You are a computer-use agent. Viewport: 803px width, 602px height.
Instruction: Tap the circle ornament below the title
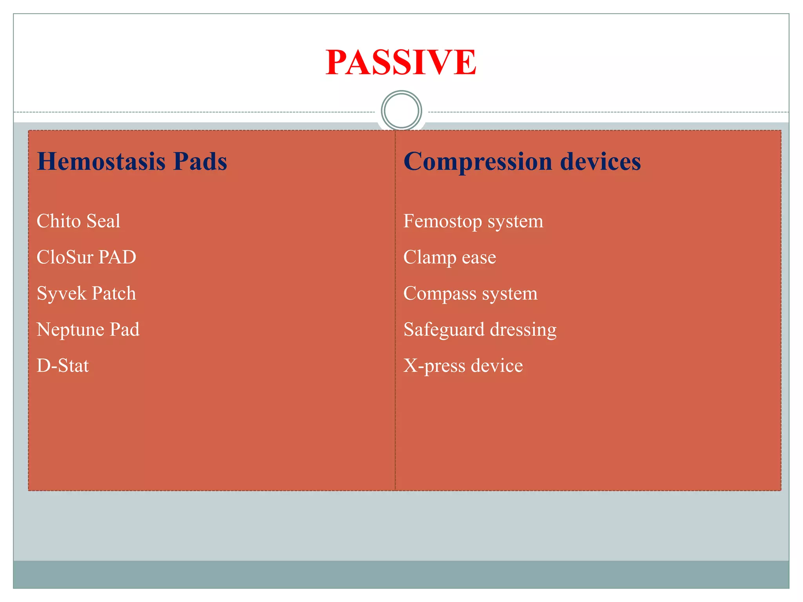click(x=401, y=111)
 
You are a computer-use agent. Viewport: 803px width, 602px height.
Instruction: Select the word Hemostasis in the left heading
click(x=101, y=161)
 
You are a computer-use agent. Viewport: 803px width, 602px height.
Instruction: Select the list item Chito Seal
click(x=78, y=221)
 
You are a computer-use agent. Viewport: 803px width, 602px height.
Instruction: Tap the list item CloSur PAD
click(x=86, y=257)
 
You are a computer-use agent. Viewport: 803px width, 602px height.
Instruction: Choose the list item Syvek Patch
click(x=86, y=294)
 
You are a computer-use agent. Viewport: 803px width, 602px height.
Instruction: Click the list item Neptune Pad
click(x=88, y=329)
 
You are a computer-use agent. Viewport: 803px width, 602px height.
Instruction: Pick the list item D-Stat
click(x=63, y=366)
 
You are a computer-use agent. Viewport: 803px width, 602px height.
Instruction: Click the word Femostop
click(x=443, y=221)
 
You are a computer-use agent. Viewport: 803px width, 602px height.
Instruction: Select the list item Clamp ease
click(x=450, y=257)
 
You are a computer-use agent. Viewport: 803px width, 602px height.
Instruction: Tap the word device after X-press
click(x=497, y=366)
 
